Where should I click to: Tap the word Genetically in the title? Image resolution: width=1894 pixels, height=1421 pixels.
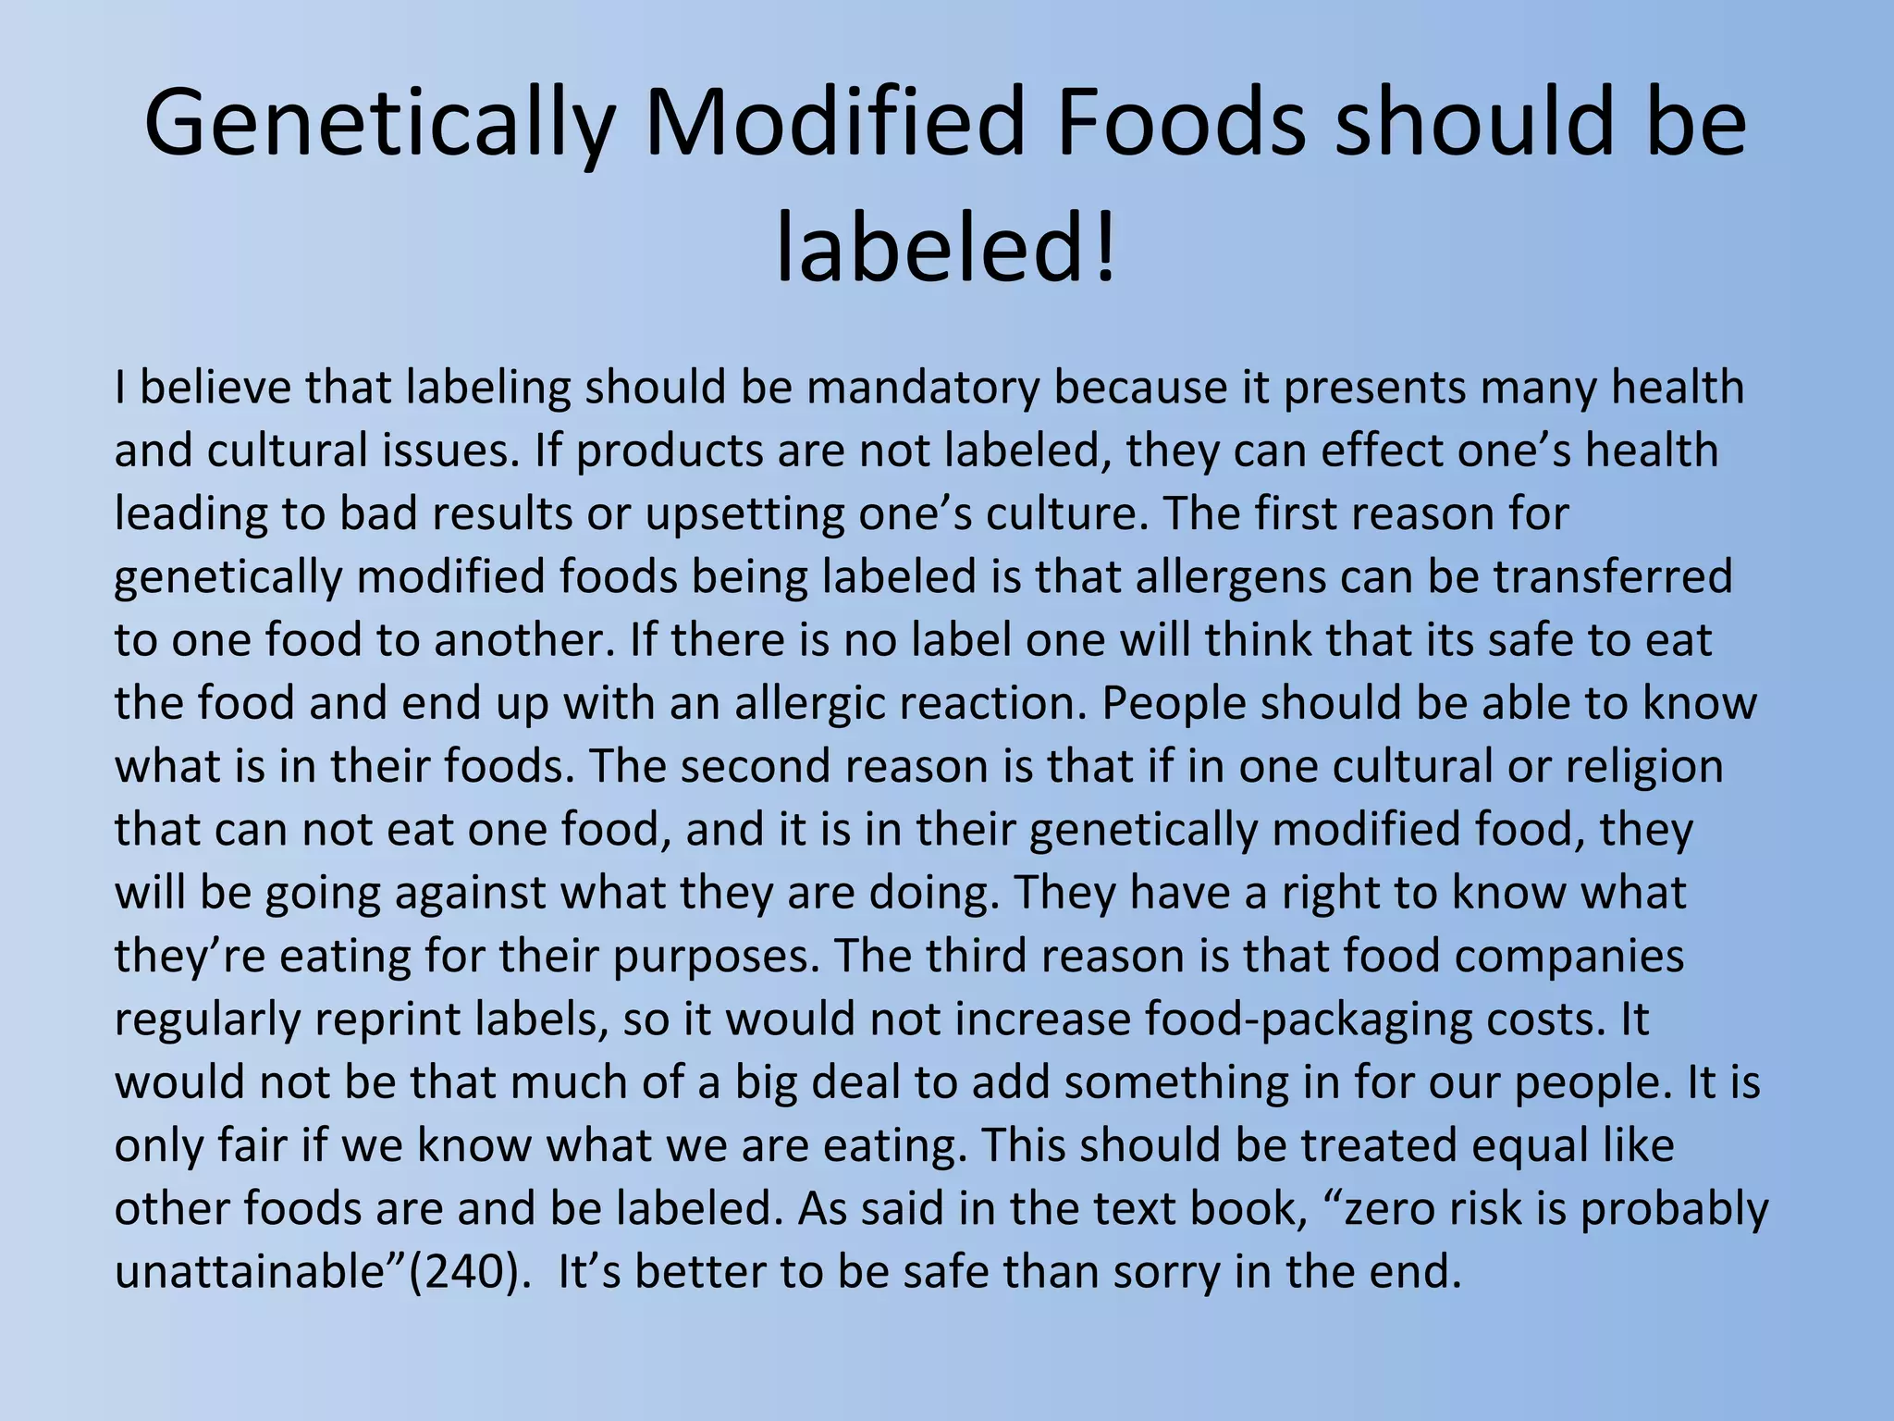(x=380, y=122)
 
